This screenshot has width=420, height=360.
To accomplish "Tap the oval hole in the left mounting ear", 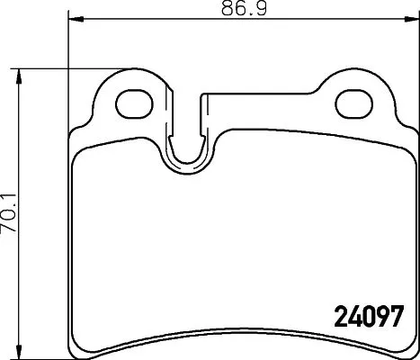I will tap(133, 100).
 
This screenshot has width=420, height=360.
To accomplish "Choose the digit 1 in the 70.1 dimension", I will tap(11, 195).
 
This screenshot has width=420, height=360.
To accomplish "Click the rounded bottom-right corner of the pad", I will tap(408, 346).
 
